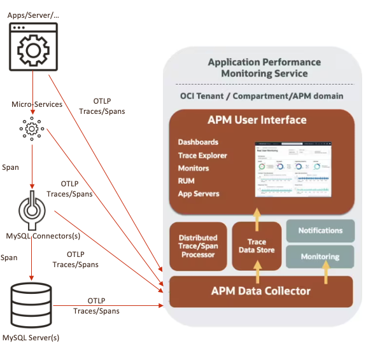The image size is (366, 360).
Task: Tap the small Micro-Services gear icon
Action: coord(30,128)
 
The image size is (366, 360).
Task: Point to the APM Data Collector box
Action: coord(260,291)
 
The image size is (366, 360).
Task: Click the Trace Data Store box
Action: coord(257,246)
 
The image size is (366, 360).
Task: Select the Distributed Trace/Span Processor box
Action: coord(197,246)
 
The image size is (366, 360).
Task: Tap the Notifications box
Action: coord(320,230)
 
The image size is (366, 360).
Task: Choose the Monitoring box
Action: coord(320,256)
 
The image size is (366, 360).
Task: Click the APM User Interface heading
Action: coord(257,120)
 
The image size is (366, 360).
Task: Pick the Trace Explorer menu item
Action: coord(202,155)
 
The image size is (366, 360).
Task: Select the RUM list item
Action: coord(187,181)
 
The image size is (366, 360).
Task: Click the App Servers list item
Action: coord(199,193)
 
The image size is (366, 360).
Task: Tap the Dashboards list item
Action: coord(198,142)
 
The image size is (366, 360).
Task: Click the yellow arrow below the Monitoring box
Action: coord(326,275)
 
